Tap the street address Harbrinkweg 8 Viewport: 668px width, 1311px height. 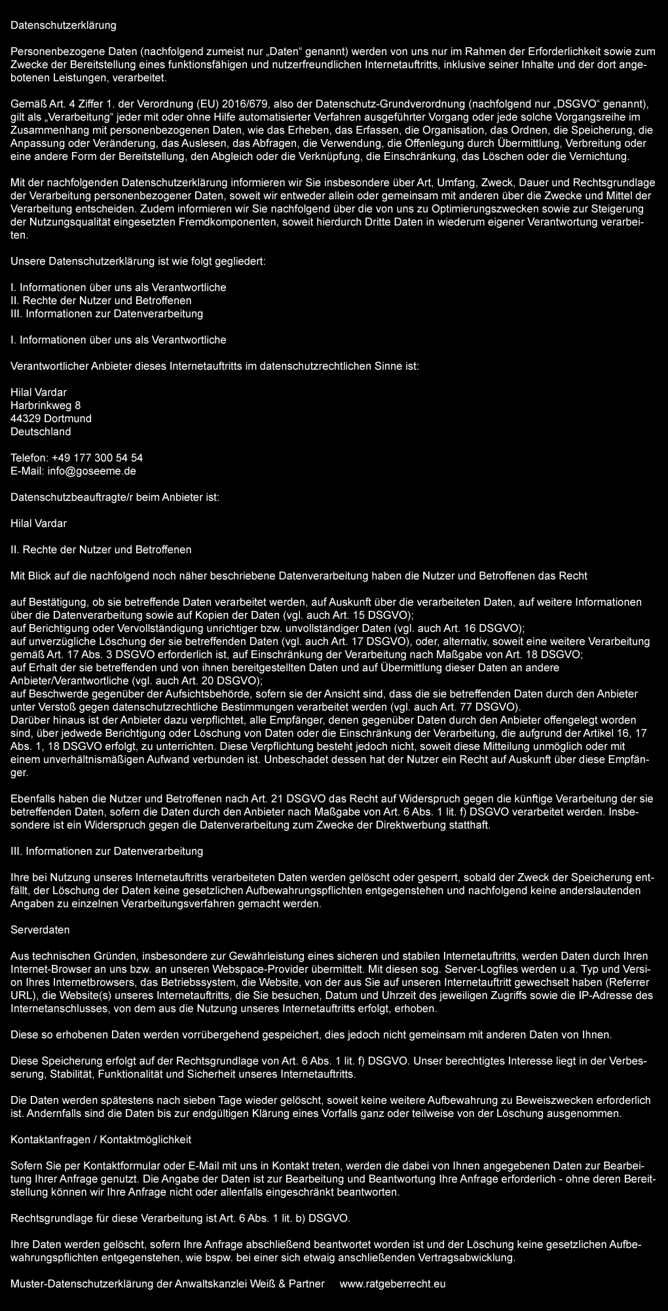coord(46,405)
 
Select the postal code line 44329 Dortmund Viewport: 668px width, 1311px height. coord(51,418)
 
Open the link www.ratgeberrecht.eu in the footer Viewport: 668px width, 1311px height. coord(392,1283)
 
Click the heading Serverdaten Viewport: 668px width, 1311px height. coord(40,929)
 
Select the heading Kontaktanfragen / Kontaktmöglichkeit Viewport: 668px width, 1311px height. coord(101,1139)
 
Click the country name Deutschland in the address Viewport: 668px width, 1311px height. coord(41,431)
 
